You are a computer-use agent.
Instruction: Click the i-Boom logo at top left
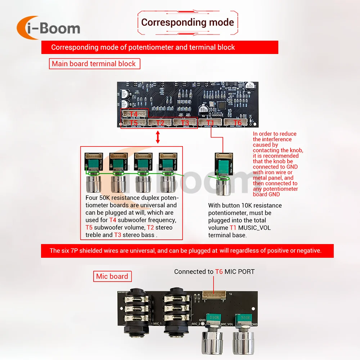coord(49,28)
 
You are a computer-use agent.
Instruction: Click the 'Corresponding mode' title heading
coord(187,22)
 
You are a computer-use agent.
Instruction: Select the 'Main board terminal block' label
coord(94,64)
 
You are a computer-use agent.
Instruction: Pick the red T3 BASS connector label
coord(185,123)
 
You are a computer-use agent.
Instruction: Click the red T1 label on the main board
coord(211,123)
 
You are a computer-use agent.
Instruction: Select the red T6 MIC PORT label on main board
coord(238,123)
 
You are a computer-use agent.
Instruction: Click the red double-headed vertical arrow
coord(157,138)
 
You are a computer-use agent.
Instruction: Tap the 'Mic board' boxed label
coord(112,276)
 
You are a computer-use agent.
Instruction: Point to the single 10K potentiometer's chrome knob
coord(222,186)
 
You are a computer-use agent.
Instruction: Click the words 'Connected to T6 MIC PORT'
coord(214,272)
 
